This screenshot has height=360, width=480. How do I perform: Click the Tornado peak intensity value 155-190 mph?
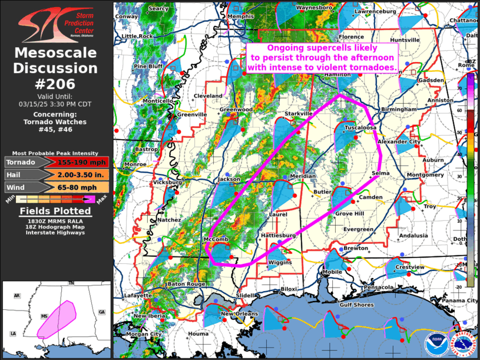[81, 162]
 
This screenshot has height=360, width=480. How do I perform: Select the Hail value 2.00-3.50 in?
[81, 174]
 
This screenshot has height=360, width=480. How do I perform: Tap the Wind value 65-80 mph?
[81, 187]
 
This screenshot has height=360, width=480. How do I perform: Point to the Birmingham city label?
[398, 110]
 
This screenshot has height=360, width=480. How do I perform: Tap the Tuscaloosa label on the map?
[360, 127]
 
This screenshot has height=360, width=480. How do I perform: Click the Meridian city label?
[303, 176]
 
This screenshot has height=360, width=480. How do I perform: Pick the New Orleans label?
[240, 313]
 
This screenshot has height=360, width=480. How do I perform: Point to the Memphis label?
[240, 16]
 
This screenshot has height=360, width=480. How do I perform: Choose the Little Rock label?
[137, 36]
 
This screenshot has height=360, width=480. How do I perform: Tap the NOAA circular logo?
[435, 344]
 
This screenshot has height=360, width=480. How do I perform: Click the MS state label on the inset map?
[44, 316]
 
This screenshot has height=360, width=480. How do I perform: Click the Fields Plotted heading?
[55, 211]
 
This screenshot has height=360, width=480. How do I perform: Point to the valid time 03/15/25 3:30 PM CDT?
[57, 103]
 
